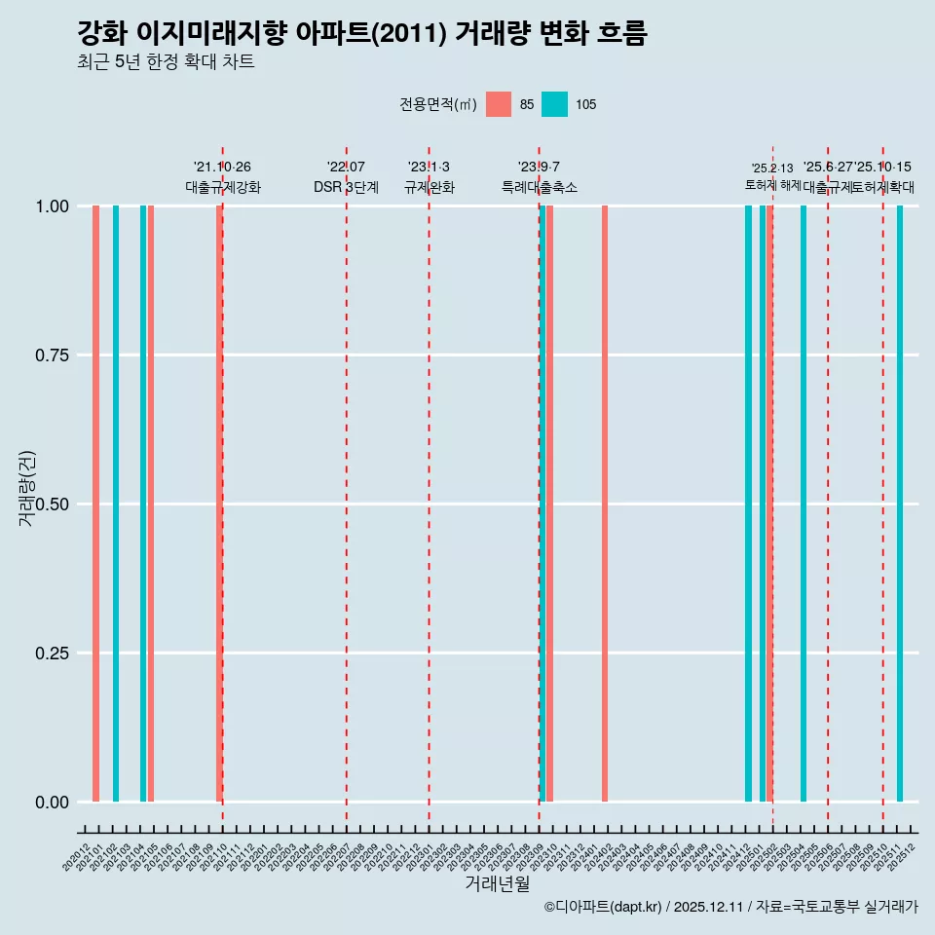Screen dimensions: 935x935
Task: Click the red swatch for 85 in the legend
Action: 499,104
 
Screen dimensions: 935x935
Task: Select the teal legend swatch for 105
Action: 554,104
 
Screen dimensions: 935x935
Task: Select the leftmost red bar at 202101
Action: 95,504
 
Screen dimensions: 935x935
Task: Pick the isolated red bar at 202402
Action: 605,504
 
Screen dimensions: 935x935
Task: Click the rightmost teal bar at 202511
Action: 900,504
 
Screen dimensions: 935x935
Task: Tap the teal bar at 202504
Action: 804,504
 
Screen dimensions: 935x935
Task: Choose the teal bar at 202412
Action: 748,504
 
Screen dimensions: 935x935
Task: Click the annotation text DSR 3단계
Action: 346,187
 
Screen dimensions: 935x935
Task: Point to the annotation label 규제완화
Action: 429,187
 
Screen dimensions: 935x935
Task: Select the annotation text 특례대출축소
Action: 539,187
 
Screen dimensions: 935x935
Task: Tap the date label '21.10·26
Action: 222,167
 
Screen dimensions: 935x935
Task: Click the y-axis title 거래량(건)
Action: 27,488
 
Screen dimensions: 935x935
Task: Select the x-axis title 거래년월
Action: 497,883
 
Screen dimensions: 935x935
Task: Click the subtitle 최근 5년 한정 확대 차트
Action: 166,62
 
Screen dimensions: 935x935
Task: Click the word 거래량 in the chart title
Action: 492,33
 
